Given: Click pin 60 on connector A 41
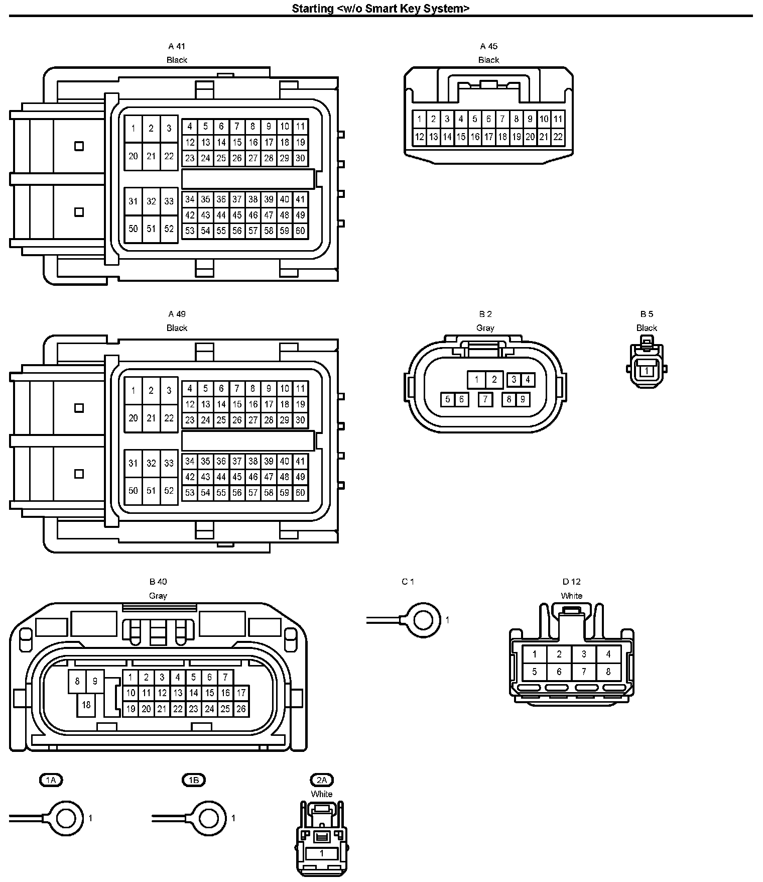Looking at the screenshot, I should click(x=300, y=231).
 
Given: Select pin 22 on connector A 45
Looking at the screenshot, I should click(x=558, y=137).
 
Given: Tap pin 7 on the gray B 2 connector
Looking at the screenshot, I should click(x=485, y=399).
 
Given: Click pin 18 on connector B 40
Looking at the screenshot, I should click(x=86, y=705).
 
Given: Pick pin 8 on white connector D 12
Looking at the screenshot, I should click(x=608, y=672).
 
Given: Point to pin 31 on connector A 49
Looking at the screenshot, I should click(x=133, y=463).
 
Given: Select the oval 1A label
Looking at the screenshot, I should click(x=51, y=780).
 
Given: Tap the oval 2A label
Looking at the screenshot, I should click(x=322, y=780).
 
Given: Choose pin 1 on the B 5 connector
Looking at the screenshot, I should click(x=647, y=371).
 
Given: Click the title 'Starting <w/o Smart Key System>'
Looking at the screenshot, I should click(x=380, y=9).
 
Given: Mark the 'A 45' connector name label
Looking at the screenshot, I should click(x=488, y=46).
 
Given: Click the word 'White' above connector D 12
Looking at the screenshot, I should click(x=571, y=596).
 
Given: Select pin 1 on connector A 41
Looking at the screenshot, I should click(x=133, y=128).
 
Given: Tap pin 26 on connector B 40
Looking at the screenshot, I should click(x=241, y=709).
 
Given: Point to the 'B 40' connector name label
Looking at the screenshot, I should click(x=158, y=582).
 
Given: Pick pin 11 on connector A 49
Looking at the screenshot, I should click(x=300, y=388).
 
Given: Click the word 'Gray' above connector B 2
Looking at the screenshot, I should click(x=485, y=328).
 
